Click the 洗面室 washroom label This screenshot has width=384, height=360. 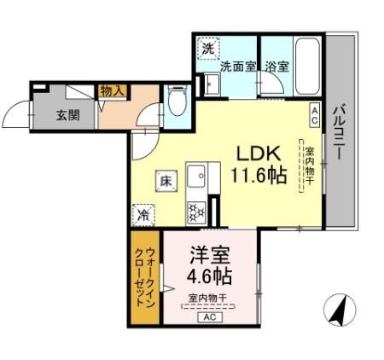coord(238,67)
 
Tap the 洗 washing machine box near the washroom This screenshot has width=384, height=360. coord(207,49)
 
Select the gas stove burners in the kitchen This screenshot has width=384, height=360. coord(195,210)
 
